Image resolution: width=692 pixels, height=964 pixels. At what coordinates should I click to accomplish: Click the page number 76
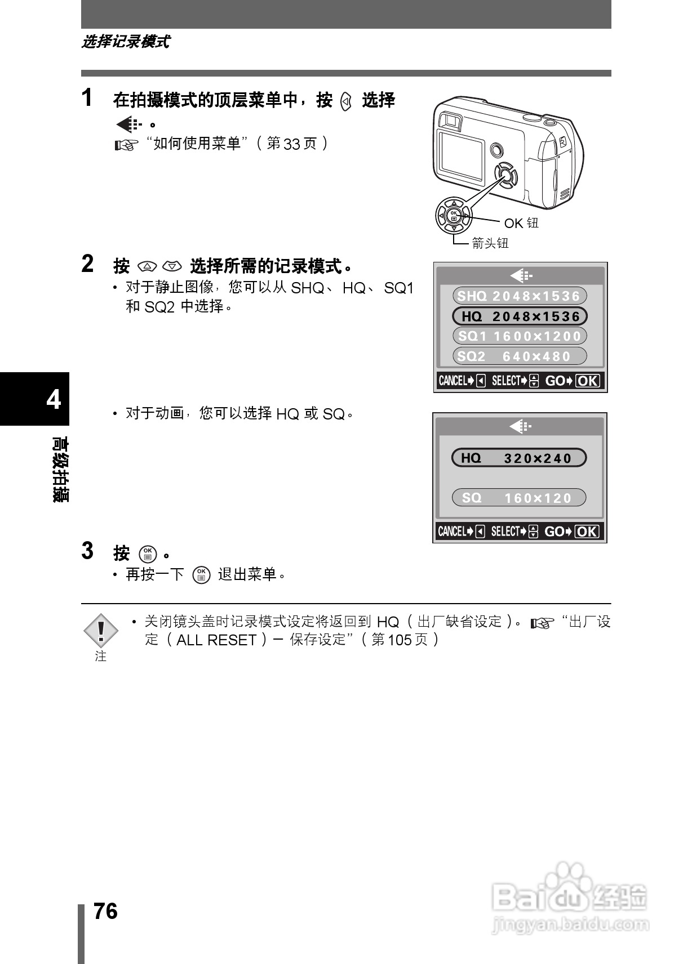(x=105, y=911)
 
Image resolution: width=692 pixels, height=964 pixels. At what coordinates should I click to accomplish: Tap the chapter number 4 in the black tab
(x=54, y=399)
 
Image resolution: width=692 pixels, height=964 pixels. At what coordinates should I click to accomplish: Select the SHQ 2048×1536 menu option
(x=519, y=296)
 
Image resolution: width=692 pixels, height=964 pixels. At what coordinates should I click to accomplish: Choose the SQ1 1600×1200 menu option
(x=519, y=336)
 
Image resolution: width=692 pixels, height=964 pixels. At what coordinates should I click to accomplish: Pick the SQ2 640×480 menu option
(x=519, y=356)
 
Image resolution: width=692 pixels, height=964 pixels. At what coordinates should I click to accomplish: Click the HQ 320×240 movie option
(x=518, y=458)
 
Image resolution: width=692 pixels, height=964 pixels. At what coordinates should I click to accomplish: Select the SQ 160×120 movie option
(x=518, y=498)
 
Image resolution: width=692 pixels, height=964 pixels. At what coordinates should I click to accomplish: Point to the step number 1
(x=87, y=98)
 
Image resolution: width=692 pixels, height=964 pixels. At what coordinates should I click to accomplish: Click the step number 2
(x=87, y=264)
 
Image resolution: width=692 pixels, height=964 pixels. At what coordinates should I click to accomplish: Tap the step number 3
(x=87, y=551)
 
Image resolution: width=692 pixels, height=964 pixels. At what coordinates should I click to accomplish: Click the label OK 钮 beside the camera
(x=521, y=224)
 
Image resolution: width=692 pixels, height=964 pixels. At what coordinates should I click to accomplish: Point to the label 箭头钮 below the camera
(x=490, y=243)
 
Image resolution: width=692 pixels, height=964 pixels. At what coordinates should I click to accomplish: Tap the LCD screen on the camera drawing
(x=461, y=153)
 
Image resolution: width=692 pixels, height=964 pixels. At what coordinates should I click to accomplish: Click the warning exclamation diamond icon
(x=101, y=631)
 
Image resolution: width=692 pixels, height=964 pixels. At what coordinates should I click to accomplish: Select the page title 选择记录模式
(x=125, y=42)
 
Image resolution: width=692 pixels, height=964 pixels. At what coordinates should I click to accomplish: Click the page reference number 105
(x=400, y=640)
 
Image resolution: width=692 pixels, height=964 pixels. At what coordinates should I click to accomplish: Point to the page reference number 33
(x=292, y=144)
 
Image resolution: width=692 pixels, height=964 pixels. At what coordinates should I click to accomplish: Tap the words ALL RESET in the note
(x=216, y=640)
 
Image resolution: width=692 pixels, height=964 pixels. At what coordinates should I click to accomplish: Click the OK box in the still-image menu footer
(x=588, y=381)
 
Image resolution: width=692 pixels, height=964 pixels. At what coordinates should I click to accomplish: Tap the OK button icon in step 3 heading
(x=148, y=554)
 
